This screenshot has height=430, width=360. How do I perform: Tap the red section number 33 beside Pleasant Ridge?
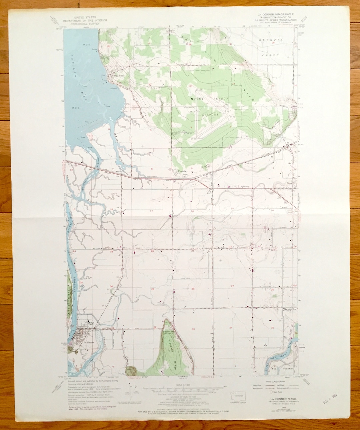click(x=193, y=329)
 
